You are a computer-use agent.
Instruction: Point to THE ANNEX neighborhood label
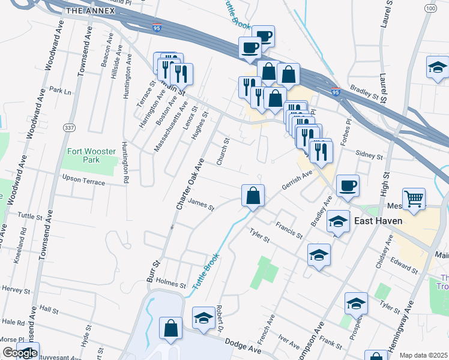90,11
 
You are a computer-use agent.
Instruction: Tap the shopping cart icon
414,199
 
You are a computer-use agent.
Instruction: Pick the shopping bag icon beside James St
253,195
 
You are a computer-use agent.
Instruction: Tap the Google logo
19,353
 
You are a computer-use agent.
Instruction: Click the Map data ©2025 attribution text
423,355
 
